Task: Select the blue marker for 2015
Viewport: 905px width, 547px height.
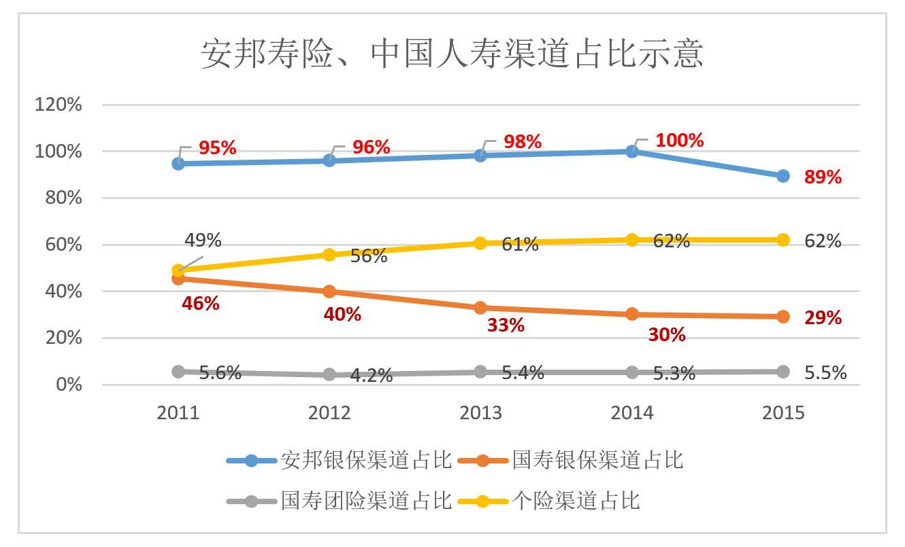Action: tap(783, 176)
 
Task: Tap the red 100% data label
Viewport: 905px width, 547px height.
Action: tap(679, 141)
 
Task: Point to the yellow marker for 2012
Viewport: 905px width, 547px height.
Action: tap(329, 255)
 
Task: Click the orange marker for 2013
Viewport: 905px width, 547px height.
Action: tap(480, 308)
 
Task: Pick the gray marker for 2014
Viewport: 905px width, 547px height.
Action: tap(632, 372)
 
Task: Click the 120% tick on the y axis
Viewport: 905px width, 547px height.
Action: tap(58, 105)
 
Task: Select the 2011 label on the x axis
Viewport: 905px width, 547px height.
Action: tap(178, 413)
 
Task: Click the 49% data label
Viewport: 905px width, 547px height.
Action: tap(203, 240)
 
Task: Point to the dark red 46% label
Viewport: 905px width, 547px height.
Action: tap(200, 304)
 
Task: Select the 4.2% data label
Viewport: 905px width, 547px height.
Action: tap(372, 376)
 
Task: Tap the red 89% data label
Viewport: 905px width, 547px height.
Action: tap(823, 177)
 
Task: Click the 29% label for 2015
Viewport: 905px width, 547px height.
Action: tap(823, 318)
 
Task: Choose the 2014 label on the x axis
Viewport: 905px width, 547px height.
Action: tap(632, 413)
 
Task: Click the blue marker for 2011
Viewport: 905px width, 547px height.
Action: tap(178, 163)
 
